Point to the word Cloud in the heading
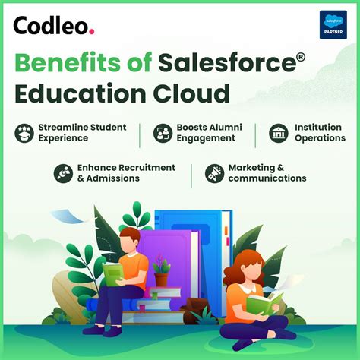coord(191,95)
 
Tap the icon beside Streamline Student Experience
coord(24,134)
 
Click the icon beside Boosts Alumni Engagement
coord(163,134)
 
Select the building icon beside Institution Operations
coord(279,134)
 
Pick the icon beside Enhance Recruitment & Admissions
coord(63,173)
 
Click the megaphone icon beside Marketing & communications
coord(214,173)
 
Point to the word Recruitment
coord(147,167)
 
